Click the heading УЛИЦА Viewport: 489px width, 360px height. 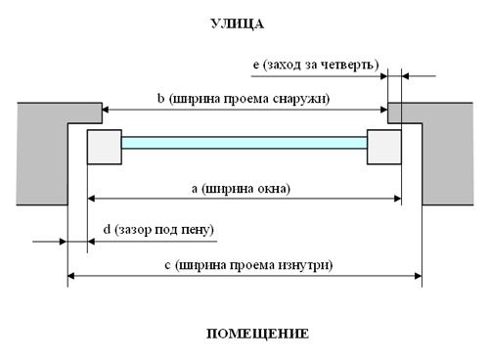tap(238, 24)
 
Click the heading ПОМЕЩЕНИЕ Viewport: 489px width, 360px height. tap(257, 334)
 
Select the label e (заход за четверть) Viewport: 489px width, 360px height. tap(316, 65)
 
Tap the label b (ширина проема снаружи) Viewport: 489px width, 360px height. tap(244, 99)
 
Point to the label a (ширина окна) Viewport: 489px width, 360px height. tap(241, 189)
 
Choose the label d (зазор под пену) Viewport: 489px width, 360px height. tap(158, 230)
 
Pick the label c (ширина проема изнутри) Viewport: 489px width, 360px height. tap(248, 265)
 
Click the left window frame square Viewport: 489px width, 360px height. tap(105, 147)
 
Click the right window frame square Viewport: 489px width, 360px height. tap(384, 147)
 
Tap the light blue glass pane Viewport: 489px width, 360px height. tap(244, 143)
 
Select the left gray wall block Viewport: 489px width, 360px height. tap(42, 154)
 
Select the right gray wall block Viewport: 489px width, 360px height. tap(447, 154)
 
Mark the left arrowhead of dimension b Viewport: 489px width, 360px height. tap(106, 110)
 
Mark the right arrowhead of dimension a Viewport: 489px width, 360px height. tap(398, 199)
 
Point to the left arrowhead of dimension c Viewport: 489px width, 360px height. tap(71, 276)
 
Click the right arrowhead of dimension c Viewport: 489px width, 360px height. tap(419, 276)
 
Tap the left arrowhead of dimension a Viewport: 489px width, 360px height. tap(91, 199)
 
